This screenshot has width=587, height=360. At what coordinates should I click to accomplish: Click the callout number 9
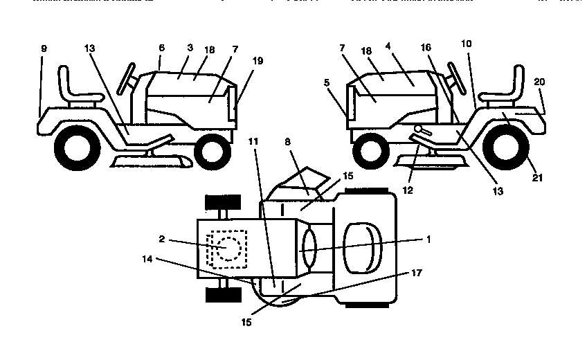pyautogui.click(x=44, y=50)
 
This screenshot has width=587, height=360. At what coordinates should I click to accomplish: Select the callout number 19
pyautogui.click(x=258, y=61)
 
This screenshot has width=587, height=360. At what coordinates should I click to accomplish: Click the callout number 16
pyautogui.click(x=426, y=47)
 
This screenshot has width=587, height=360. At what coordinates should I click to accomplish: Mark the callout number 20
pyautogui.click(x=539, y=82)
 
